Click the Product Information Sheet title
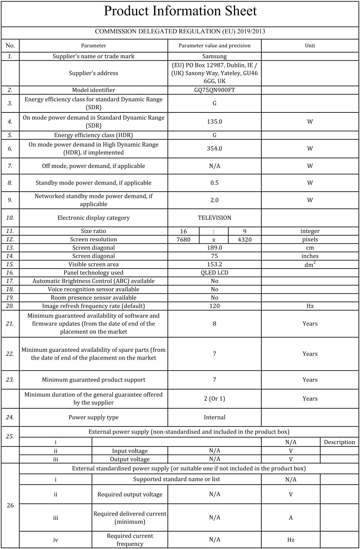coord(180,11)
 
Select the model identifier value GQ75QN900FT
coord(214,90)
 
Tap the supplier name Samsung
coord(214,56)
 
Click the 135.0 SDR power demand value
coord(214,121)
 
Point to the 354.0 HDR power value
coord(214,148)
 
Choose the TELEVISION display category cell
coord(214,218)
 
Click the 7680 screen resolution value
coord(183,239)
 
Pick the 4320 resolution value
coord(245,239)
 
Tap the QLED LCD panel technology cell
coord(214,273)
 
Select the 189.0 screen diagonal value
coord(214,247)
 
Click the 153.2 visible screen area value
coord(214,264)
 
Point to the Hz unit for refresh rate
coord(310,306)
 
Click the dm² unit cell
coord(310,265)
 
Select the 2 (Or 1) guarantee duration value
coord(214,398)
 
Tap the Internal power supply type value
coord(214,417)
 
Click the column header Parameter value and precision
coord(214,46)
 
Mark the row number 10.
coord(10,218)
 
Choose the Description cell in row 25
coord(339,442)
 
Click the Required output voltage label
coord(130,494)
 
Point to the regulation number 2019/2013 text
coord(251,31)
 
